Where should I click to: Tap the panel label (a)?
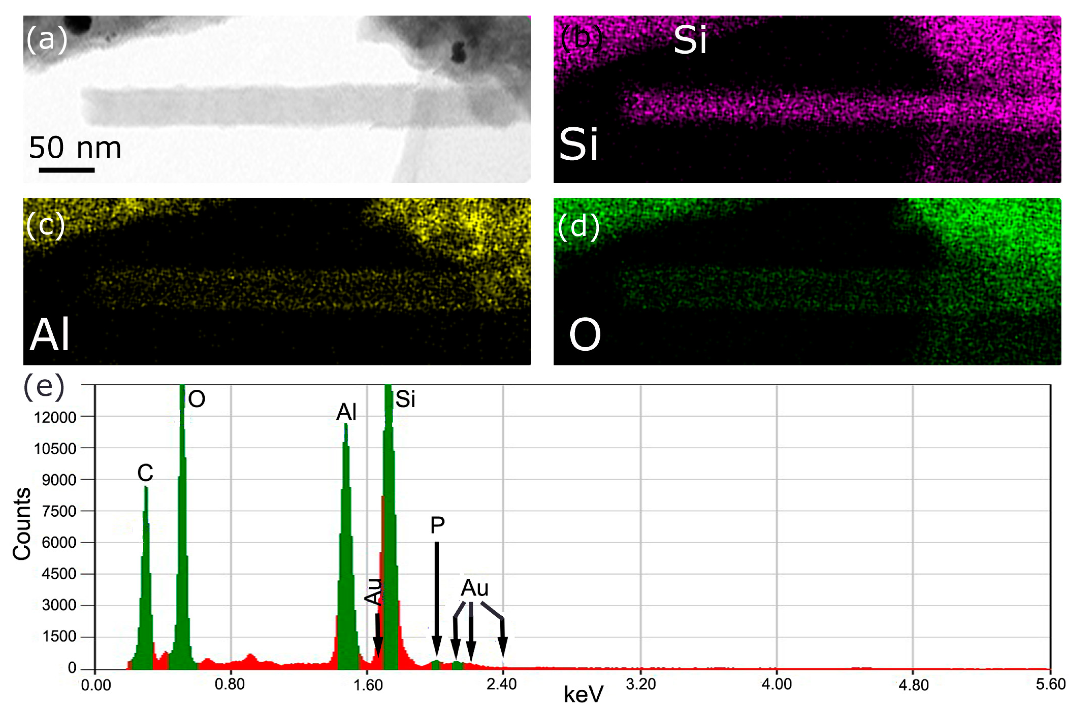(x=47, y=39)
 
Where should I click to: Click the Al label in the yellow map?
(x=50, y=334)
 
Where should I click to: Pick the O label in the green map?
(x=585, y=335)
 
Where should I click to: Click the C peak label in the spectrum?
(x=145, y=473)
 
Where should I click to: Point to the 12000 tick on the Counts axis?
(x=55, y=417)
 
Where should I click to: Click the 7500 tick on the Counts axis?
(x=59, y=511)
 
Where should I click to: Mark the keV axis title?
(x=584, y=695)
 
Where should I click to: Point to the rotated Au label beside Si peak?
(x=373, y=591)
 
